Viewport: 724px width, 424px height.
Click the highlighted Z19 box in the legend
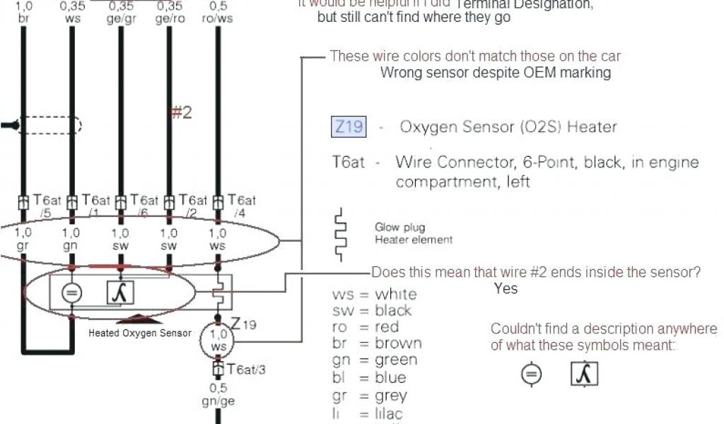click(x=349, y=127)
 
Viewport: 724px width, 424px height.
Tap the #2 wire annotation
click(x=182, y=112)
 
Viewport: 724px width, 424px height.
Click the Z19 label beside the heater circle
click(x=243, y=324)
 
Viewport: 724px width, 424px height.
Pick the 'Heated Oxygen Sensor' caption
click(x=139, y=333)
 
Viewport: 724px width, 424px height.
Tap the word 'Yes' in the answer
click(x=506, y=288)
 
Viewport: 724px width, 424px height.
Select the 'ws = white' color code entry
click(x=374, y=294)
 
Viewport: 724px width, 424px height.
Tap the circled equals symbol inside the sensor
click(x=71, y=293)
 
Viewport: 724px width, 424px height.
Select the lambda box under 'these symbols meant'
click(x=584, y=374)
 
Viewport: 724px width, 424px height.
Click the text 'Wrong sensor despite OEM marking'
click(x=495, y=73)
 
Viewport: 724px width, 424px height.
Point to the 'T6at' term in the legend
click(x=348, y=162)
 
